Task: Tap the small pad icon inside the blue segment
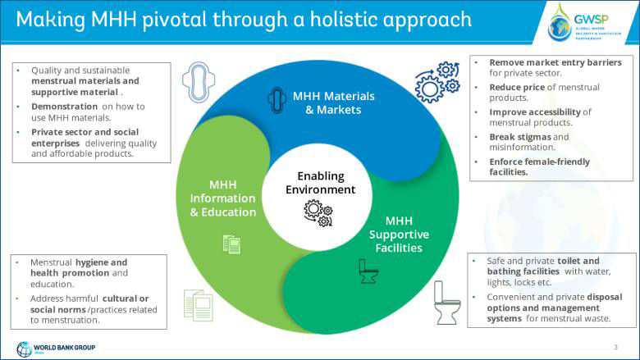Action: coord(276,100)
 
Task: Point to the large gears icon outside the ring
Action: coord(437,80)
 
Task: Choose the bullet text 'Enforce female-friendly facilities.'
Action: coord(539,166)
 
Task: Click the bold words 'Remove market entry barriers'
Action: coord(555,62)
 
